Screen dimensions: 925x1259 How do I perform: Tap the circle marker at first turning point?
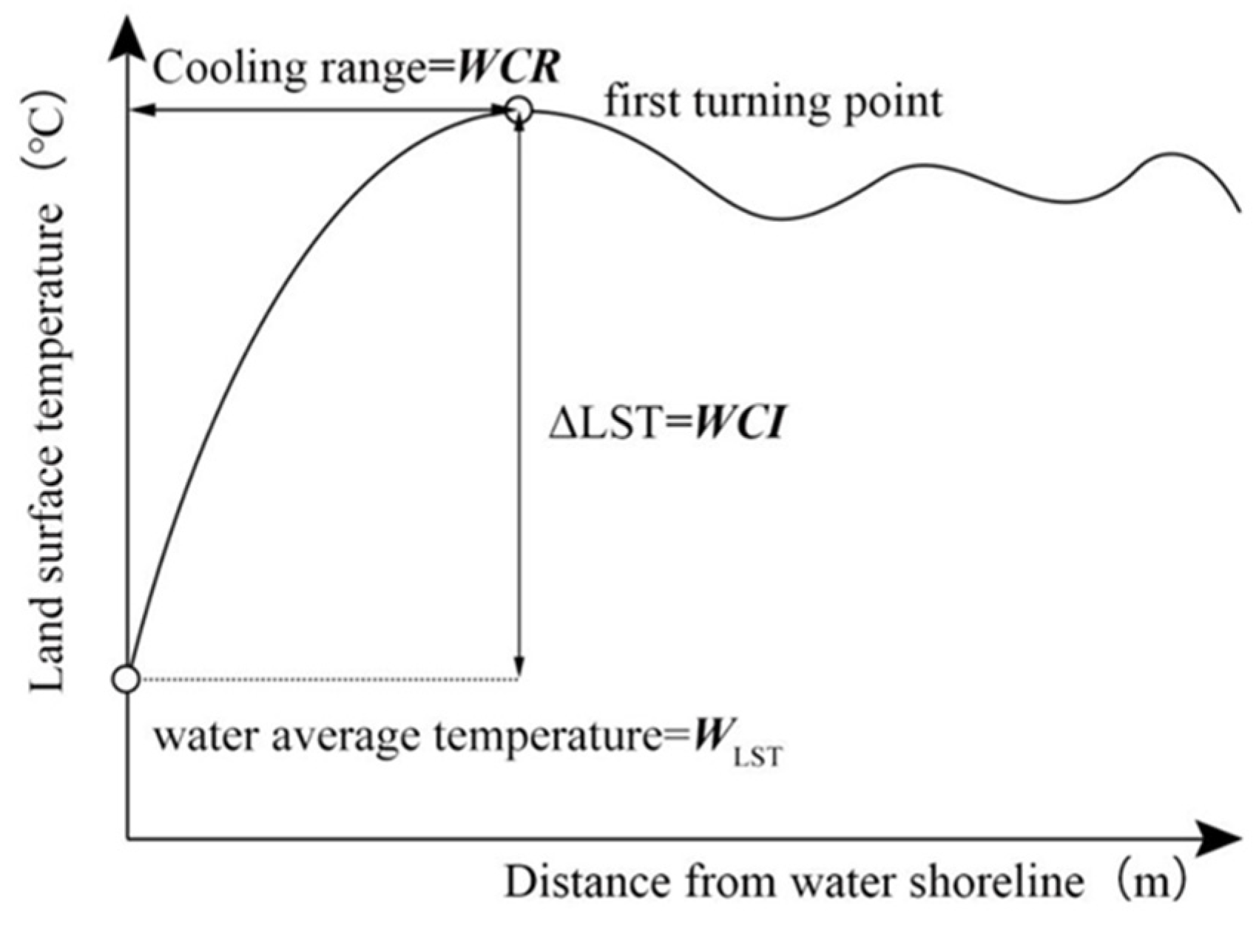(519, 110)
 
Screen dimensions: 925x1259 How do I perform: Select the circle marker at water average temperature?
(126, 678)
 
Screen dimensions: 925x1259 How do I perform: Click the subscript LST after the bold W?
(756, 759)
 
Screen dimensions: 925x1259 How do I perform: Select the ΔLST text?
(609, 425)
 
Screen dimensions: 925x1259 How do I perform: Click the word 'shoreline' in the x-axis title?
(1009, 882)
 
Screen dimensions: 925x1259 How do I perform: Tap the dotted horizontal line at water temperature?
(325, 678)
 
